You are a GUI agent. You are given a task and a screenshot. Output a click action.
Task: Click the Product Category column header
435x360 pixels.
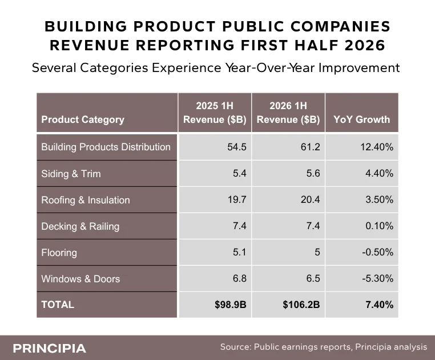[x=83, y=119]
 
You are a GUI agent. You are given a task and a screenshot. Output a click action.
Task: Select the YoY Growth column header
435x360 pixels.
[x=361, y=119]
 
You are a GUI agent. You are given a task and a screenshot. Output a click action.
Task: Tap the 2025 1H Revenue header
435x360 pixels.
[x=215, y=113]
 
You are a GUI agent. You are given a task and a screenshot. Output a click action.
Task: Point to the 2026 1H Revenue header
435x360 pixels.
[x=288, y=113]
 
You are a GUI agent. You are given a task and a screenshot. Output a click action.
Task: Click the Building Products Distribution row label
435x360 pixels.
[x=106, y=147]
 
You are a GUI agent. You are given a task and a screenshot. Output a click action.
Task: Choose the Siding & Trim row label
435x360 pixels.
[x=71, y=174]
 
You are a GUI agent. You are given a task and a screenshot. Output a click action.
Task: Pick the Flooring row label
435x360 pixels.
[x=59, y=253]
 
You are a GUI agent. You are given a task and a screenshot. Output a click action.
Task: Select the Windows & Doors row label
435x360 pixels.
[x=80, y=279]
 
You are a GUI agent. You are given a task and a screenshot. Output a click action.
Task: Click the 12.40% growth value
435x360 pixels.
[x=377, y=147]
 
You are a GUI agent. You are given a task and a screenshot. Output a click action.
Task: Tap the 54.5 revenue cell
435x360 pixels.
[x=237, y=147]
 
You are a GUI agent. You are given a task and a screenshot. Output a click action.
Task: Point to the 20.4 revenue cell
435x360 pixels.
[x=311, y=199]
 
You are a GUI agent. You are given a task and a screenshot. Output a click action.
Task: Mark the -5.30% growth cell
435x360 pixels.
[x=377, y=278]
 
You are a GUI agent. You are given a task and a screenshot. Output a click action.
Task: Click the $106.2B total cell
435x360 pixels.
[x=301, y=305]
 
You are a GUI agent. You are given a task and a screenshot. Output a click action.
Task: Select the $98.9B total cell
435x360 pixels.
[x=231, y=305]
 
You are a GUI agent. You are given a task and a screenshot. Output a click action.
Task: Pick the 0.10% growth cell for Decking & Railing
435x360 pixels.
[x=379, y=226]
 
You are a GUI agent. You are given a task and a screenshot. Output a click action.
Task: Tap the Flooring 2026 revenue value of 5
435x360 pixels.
[x=317, y=252]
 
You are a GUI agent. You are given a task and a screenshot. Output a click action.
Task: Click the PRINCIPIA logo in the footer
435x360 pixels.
[x=50, y=349]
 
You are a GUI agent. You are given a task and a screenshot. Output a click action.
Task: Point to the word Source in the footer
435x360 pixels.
[x=236, y=347]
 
